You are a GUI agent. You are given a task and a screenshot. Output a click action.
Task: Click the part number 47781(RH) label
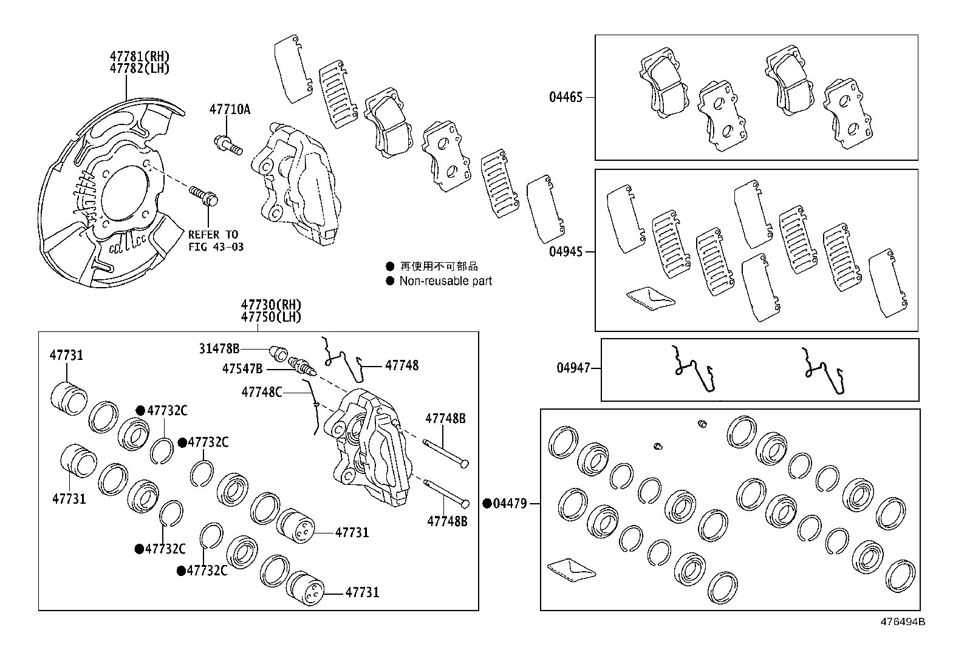click(139, 56)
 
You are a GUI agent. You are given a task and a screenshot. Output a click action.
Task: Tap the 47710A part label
click(230, 110)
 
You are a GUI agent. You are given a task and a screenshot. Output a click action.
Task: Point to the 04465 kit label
click(566, 97)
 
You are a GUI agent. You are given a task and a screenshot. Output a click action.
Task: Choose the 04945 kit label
click(566, 251)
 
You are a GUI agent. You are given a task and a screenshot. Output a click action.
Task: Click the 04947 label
click(573, 368)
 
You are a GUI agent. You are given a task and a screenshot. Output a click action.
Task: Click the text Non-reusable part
click(445, 281)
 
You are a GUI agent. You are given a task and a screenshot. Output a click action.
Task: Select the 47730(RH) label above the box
click(271, 305)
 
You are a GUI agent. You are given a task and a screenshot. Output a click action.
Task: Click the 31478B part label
click(219, 348)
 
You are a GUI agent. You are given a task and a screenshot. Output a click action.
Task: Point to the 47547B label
click(242, 368)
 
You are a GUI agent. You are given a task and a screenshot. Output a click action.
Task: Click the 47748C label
click(262, 392)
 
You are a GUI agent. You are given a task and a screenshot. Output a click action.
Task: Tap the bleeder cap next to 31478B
click(278, 351)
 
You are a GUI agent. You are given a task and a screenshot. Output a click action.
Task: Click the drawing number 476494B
click(903, 621)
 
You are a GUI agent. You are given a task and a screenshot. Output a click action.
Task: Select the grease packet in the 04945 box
click(650, 298)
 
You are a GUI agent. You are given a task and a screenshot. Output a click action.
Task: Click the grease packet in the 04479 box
click(571, 569)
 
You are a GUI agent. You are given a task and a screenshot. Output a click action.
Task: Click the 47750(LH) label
click(271, 317)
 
